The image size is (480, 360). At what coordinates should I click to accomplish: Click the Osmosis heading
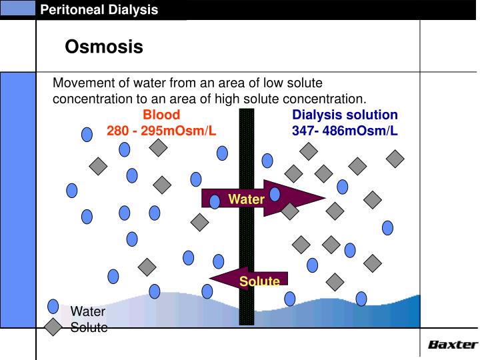coord(104,47)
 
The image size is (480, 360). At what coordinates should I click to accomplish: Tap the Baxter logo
coord(452,345)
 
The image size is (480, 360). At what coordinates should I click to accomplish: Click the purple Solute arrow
coord(251,279)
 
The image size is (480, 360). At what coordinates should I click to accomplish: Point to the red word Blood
coord(161,115)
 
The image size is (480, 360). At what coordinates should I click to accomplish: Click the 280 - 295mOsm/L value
coord(161,130)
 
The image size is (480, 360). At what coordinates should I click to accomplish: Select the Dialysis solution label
coord(345,115)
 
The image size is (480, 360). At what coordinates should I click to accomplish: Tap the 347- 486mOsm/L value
coord(345,130)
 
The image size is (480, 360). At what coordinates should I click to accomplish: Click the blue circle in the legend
coord(53,307)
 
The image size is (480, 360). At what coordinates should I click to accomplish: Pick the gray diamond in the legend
coord(53,327)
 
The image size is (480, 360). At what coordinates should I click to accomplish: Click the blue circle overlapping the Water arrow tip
coord(274,194)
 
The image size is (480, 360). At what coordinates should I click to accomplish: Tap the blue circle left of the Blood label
coord(87,134)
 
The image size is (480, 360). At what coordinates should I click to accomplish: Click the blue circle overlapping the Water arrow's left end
coord(215,201)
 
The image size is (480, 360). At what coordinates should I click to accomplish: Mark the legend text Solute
coord(89,327)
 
